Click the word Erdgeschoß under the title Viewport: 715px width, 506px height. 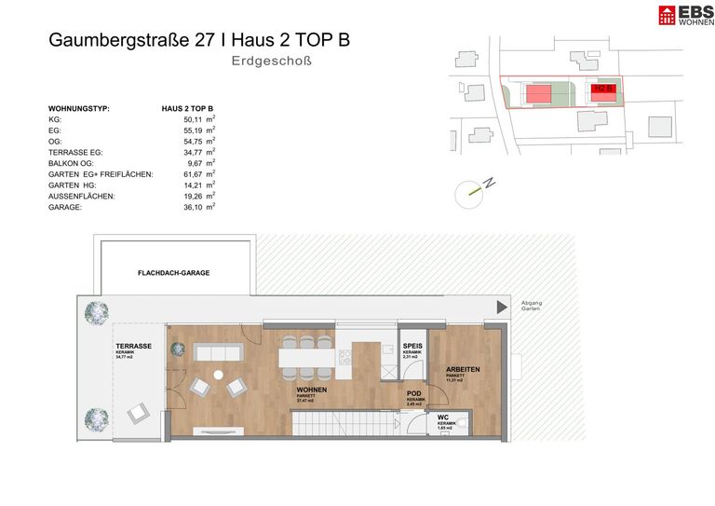coord(271,62)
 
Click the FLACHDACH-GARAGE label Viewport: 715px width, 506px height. coord(173,273)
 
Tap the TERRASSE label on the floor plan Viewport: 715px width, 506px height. coord(134,346)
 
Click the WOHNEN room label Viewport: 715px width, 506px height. coord(311,390)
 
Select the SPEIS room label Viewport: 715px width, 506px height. coord(413,346)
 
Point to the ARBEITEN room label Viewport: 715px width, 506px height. coord(463,369)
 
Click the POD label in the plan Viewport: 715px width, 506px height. coord(414,393)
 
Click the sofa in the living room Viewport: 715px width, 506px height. coord(219,352)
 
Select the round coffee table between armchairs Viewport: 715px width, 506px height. coord(219,375)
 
